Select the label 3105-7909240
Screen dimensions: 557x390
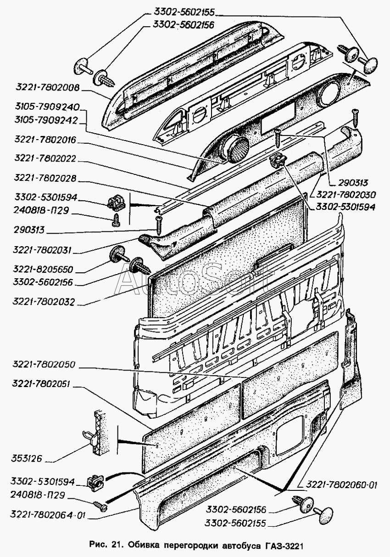click(x=47, y=109)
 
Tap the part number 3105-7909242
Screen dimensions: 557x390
click(x=47, y=120)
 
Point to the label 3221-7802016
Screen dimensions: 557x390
click(x=45, y=140)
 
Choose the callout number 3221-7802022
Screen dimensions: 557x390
click(x=45, y=159)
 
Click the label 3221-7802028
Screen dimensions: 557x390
click(x=45, y=178)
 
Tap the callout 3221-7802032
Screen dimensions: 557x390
click(x=45, y=303)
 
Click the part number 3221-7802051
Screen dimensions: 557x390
click(x=45, y=384)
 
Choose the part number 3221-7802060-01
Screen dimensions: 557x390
click(x=337, y=485)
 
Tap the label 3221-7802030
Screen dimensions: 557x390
click(x=343, y=195)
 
